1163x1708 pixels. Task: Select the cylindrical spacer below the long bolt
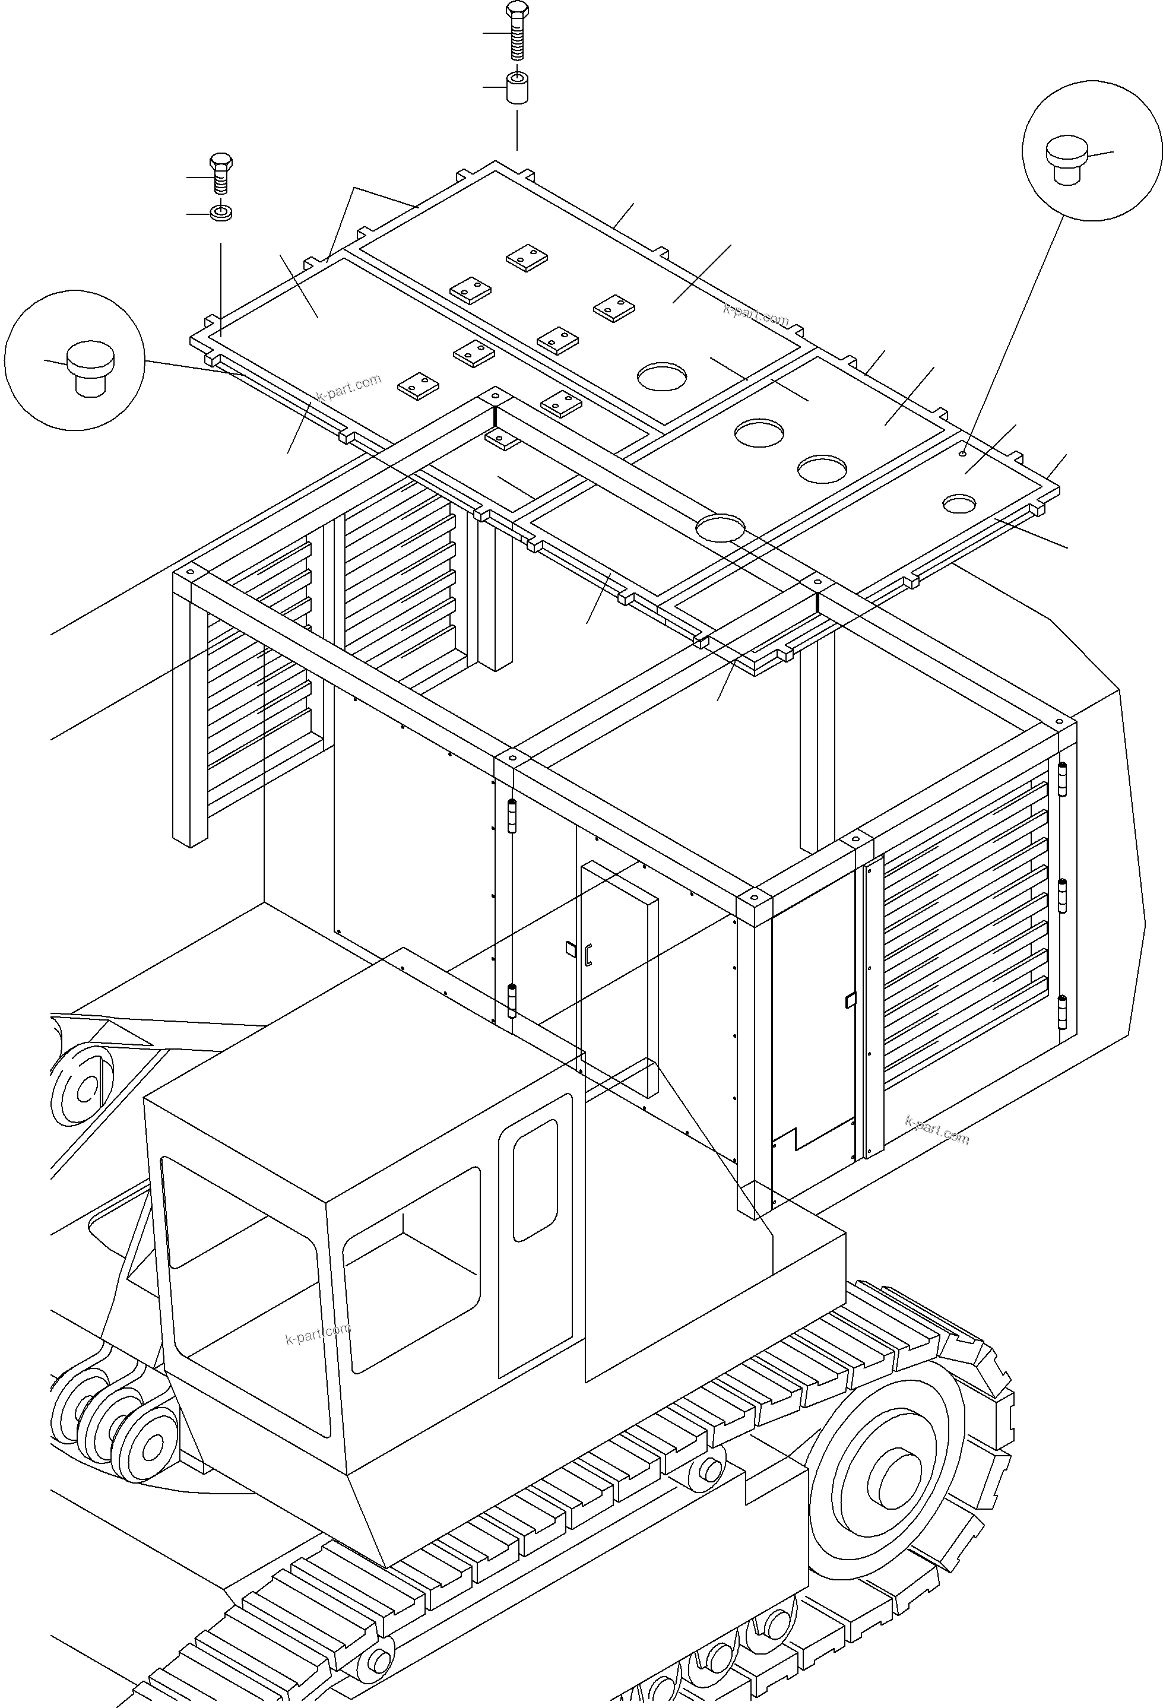(517, 89)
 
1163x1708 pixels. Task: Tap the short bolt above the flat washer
(220, 175)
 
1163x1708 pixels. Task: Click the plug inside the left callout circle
(90, 367)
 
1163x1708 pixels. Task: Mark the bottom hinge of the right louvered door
(1062, 1013)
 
